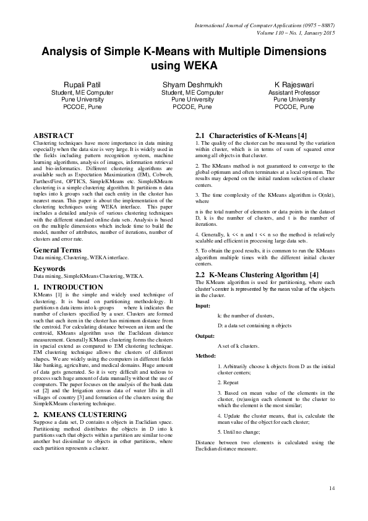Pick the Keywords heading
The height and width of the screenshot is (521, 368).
pos(49,269)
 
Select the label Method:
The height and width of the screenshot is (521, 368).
pos(205,356)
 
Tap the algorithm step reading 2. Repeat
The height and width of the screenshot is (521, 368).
pos(228,383)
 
